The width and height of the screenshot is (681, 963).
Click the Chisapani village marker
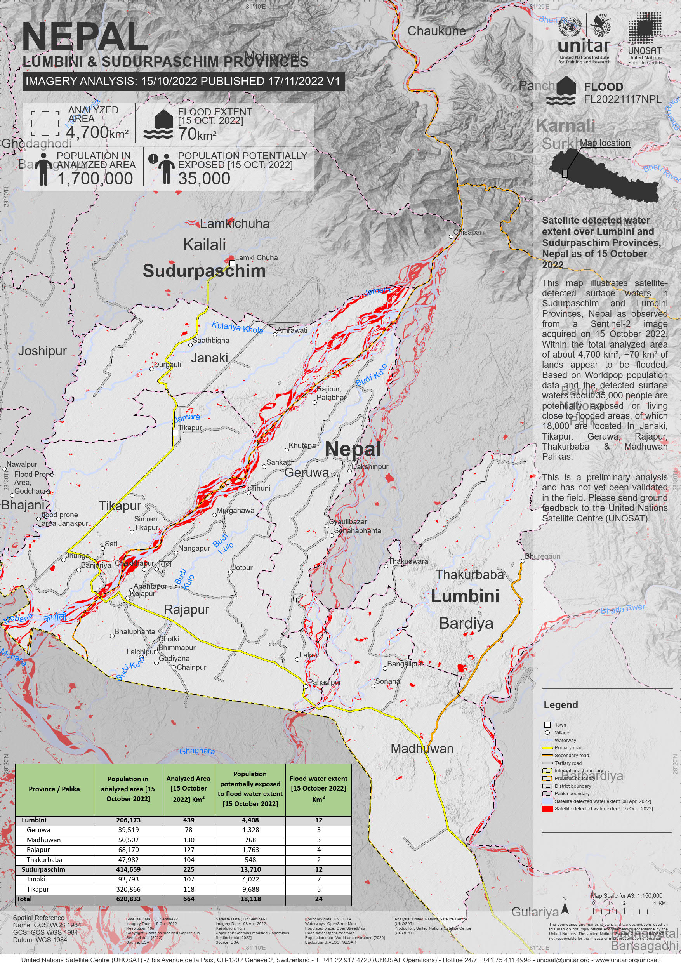point(451,236)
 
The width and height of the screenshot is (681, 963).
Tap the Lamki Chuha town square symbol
point(232,262)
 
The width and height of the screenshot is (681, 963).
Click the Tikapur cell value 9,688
point(250,889)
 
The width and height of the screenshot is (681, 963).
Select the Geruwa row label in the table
point(38,830)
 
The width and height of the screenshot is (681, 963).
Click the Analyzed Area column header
point(188,789)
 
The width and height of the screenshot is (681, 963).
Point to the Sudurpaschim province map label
point(204,271)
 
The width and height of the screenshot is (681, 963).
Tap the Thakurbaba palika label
point(469,574)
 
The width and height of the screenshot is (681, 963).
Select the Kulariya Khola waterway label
point(237,327)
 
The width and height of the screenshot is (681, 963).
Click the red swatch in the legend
point(547,809)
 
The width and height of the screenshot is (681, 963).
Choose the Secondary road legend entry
point(572,755)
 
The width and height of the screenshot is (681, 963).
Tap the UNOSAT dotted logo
point(644,28)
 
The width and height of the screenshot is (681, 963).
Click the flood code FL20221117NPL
point(622,99)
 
